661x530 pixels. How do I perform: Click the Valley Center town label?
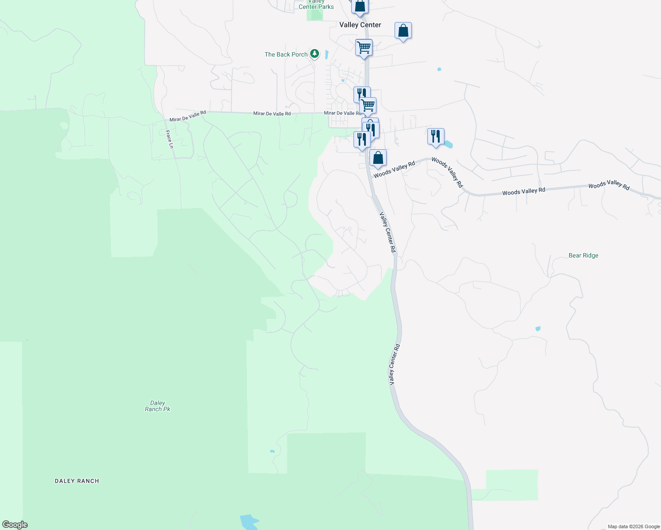(360, 25)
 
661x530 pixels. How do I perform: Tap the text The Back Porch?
(286, 54)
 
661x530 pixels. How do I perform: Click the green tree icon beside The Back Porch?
(315, 54)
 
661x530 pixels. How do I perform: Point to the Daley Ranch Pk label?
(158, 406)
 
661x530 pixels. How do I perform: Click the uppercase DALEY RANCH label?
(77, 481)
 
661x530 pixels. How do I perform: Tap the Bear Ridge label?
(583, 255)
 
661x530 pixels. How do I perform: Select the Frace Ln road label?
(169, 139)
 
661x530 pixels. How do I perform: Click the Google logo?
(15, 525)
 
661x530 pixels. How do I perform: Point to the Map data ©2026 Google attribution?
(634, 526)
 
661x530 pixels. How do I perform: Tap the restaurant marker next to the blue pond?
(436, 136)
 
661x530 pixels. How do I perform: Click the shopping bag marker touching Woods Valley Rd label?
(378, 158)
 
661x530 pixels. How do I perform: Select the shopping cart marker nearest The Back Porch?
(364, 47)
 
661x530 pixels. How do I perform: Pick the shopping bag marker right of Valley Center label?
(403, 31)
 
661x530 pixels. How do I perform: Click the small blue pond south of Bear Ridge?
(538, 329)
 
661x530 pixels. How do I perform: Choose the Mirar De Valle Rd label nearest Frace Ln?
(188, 116)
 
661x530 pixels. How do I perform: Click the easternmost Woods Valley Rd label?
(608, 185)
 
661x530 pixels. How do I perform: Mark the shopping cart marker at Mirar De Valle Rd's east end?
(368, 106)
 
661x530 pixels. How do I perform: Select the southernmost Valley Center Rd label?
(394, 364)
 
